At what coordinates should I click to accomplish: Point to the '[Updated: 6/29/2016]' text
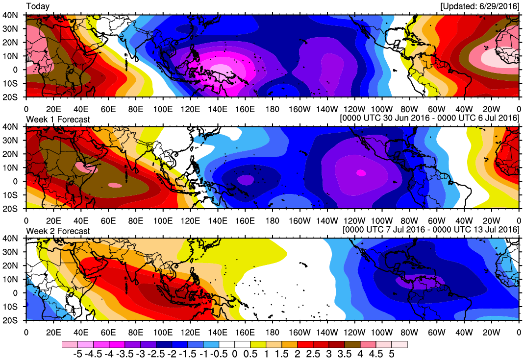(479, 6)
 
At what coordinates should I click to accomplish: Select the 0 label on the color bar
(234, 354)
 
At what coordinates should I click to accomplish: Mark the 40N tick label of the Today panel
(11, 15)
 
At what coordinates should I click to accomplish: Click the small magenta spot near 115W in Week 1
(361, 172)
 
